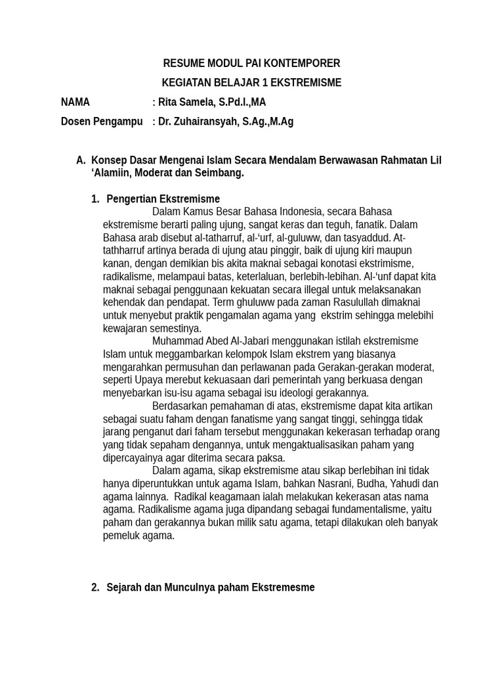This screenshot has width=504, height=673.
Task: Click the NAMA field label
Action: coord(75,103)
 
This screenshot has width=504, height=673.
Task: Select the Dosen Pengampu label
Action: coord(102,122)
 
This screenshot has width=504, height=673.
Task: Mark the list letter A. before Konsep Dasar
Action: coord(81,160)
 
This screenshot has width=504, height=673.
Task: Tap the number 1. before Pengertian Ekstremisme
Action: coord(95,199)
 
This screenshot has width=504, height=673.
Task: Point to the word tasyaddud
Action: coord(368,237)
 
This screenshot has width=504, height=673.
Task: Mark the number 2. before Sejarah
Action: coord(95,588)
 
